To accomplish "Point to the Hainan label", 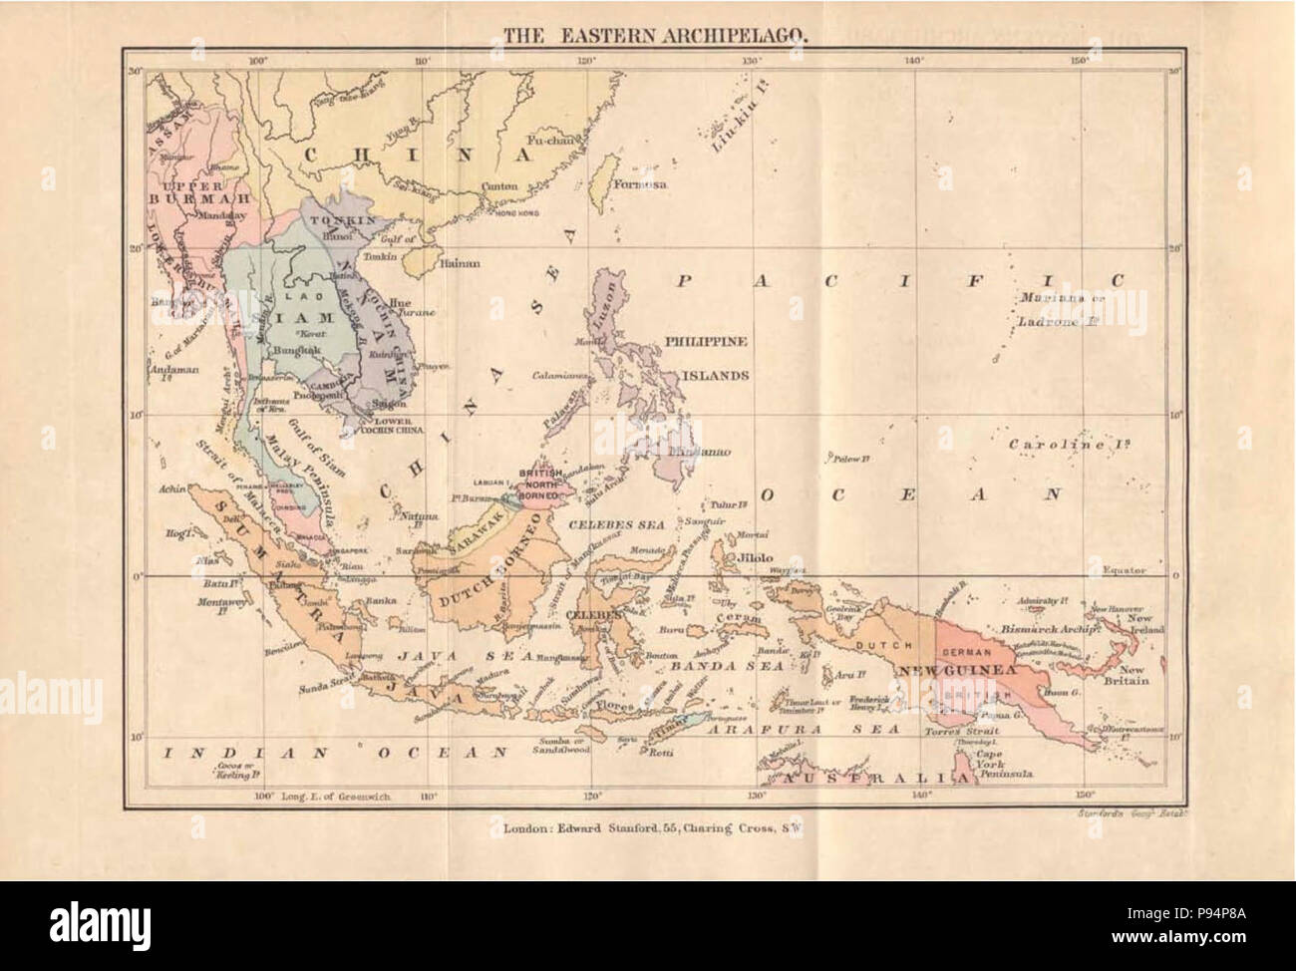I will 453,264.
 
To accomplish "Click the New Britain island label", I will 1134,675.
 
